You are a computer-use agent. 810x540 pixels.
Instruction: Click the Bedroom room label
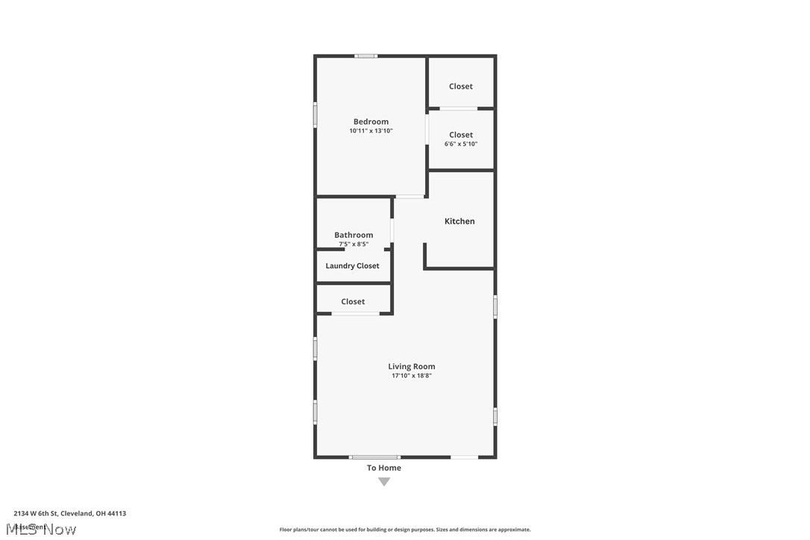pyautogui.click(x=371, y=122)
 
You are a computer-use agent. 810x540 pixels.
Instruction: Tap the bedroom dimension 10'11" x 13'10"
pyautogui.click(x=371, y=131)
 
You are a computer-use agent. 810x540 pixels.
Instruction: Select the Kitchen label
pyautogui.click(x=459, y=222)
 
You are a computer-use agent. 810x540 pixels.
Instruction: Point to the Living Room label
pyautogui.click(x=412, y=366)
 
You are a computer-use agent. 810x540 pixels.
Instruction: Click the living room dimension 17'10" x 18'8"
pyautogui.click(x=412, y=376)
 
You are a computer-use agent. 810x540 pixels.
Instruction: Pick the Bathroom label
pyautogui.click(x=354, y=235)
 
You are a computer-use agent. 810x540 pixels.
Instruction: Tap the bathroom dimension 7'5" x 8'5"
pyautogui.click(x=354, y=244)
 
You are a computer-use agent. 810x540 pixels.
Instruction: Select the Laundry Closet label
pyautogui.click(x=352, y=266)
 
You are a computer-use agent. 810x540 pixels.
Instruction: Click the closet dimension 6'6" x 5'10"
pyautogui.click(x=461, y=144)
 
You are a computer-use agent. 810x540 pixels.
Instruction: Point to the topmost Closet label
pyautogui.click(x=461, y=87)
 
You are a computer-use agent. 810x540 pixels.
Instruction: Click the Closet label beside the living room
pyautogui.click(x=353, y=302)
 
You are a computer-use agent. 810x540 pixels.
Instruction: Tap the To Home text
pyautogui.click(x=384, y=468)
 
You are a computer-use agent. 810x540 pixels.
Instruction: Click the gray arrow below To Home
pyautogui.click(x=384, y=482)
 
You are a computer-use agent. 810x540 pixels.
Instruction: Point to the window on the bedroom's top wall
pyautogui.click(x=365, y=56)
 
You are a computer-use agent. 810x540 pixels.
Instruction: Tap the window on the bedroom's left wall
pyautogui.click(x=315, y=115)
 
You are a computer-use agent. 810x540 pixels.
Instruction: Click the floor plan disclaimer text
pyautogui.click(x=405, y=530)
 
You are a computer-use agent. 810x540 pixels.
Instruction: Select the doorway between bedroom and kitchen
pyautogui.click(x=409, y=197)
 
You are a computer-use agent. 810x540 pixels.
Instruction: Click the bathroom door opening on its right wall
pyautogui.click(x=392, y=232)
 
